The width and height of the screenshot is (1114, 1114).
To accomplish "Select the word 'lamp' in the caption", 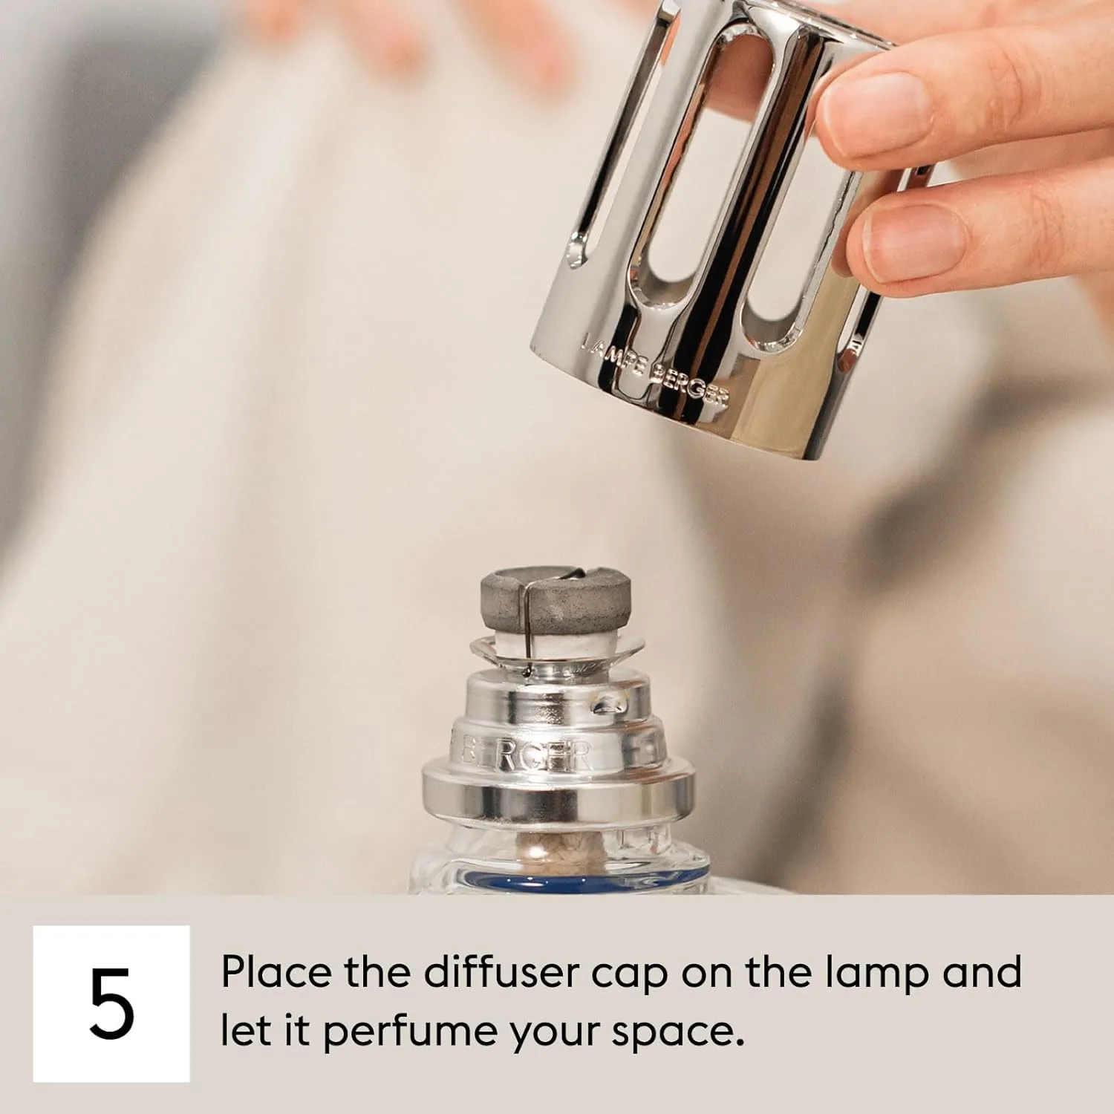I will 877,973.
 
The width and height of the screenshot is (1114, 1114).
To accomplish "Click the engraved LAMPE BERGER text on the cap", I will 654,376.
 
